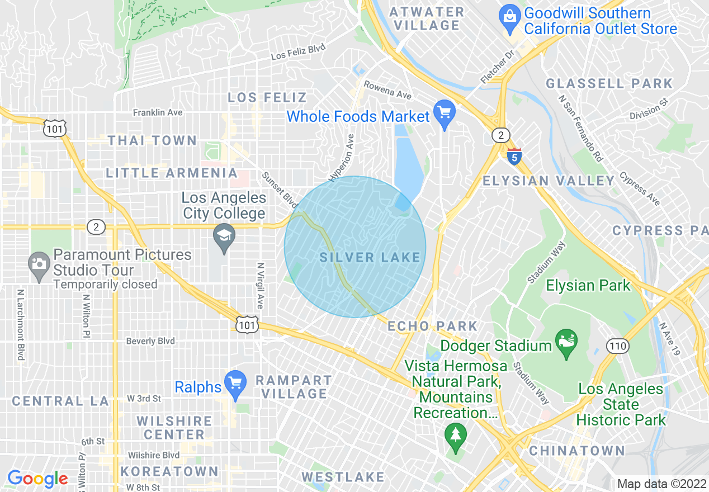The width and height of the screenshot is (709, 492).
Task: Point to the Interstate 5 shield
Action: click(514, 156)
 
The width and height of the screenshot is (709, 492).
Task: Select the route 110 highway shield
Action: click(618, 346)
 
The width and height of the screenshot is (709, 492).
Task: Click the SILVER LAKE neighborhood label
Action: click(370, 257)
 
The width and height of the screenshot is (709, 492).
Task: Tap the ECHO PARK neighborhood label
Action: click(432, 326)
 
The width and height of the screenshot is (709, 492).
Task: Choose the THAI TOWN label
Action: click(152, 140)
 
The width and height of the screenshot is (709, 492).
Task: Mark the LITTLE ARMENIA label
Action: click(172, 173)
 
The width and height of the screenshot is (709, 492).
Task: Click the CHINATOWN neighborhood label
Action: click(577, 451)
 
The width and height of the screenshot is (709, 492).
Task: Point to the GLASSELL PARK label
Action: click(609, 84)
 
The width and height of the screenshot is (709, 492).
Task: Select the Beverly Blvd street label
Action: click(150, 341)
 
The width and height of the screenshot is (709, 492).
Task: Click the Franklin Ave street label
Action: click(158, 112)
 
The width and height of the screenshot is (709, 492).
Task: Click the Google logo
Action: click(37, 479)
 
